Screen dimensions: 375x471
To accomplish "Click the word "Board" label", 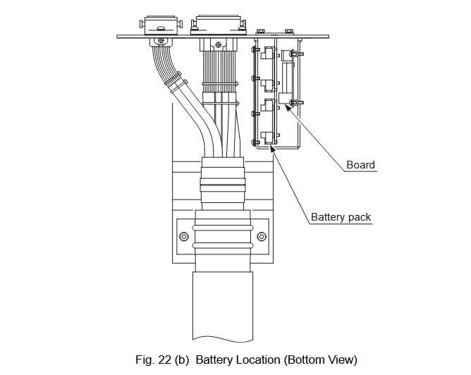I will point(360,165).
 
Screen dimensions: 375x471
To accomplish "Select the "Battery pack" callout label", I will point(341,217).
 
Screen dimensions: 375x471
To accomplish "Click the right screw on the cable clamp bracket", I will point(262,235).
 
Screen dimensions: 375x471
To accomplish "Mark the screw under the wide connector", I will point(221,45).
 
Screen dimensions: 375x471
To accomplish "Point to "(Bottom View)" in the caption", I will point(321,359).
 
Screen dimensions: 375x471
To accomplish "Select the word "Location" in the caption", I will point(259,359).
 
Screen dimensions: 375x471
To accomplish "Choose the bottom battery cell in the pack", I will point(266,137).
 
